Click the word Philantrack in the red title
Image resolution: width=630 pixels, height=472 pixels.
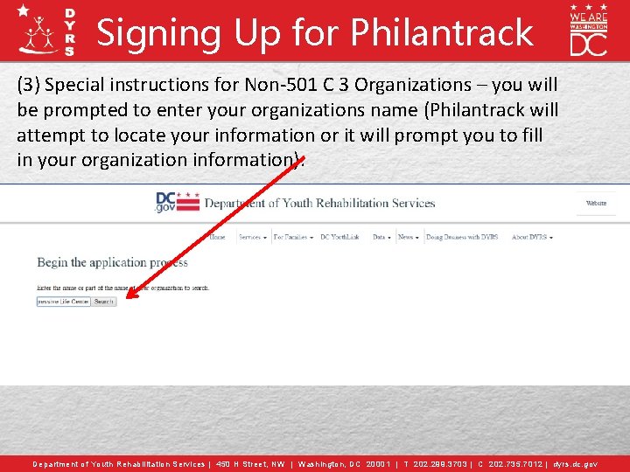click(442, 32)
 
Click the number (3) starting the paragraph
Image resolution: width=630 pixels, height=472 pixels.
click(28, 85)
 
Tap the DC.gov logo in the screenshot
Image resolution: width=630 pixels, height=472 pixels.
click(177, 202)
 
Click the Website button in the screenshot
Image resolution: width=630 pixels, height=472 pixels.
click(596, 203)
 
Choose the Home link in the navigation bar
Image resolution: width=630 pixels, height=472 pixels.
click(217, 237)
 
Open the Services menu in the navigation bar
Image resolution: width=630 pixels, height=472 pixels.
click(252, 237)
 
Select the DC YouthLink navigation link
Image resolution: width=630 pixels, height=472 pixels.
click(339, 237)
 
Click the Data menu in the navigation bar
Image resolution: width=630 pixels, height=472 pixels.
click(381, 237)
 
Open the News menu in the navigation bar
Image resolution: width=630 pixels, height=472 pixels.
click(407, 237)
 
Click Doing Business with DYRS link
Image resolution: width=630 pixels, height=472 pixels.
click(461, 237)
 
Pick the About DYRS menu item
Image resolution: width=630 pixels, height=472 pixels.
click(531, 237)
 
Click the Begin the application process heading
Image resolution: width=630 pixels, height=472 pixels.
click(112, 262)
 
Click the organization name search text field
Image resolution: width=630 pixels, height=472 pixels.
click(63, 302)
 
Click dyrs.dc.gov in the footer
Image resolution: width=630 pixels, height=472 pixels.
click(575, 464)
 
